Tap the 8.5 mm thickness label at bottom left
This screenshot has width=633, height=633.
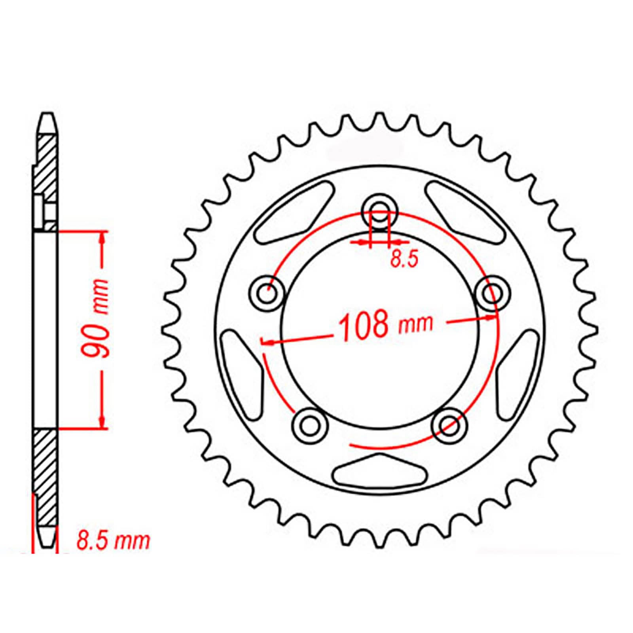[x=113, y=541]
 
